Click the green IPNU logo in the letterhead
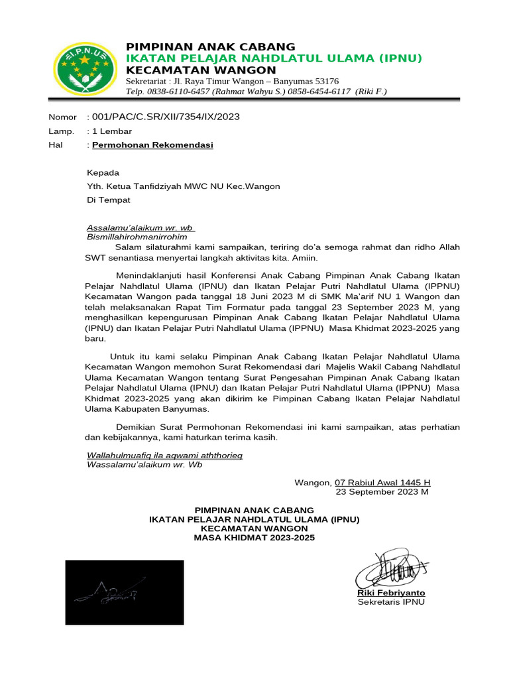(x=82, y=68)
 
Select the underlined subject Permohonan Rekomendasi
(x=153, y=145)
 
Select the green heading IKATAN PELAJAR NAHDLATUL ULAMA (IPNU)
(x=274, y=58)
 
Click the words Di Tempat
(x=109, y=200)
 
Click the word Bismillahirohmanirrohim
(x=137, y=236)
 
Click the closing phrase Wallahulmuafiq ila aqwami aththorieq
(x=165, y=455)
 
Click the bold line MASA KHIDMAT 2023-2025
(x=254, y=538)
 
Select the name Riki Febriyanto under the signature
(x=391, y=592)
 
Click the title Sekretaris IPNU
(x=391, y=602)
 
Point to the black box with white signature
(x=124, y=592)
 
